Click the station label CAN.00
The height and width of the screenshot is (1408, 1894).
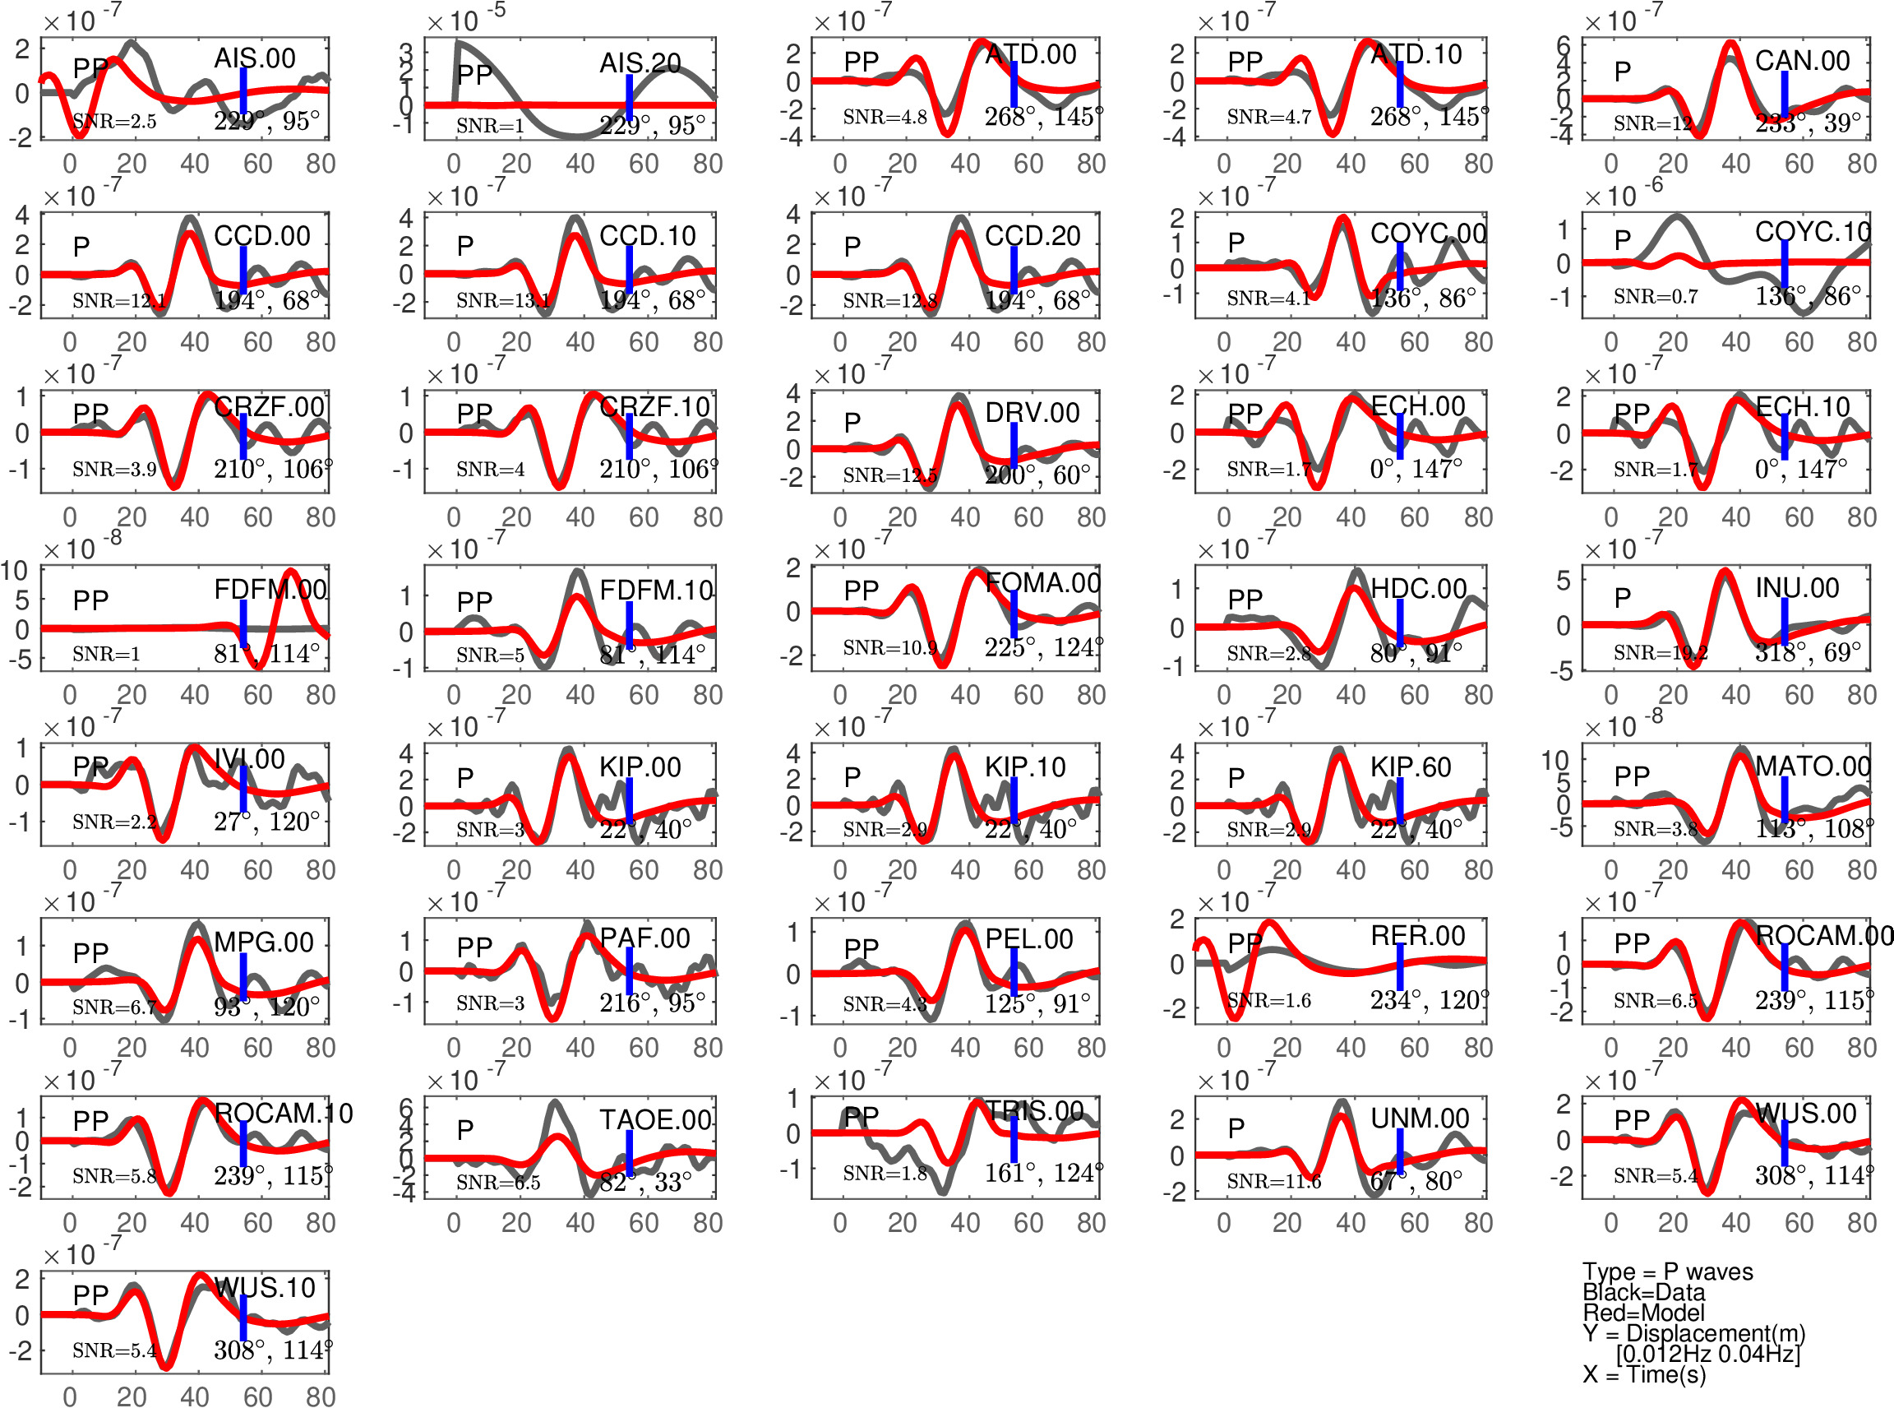pos(1802,62)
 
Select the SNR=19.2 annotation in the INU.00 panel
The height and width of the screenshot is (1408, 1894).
pos(1661,653)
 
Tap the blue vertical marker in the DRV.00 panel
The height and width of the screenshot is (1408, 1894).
pos(1014,445)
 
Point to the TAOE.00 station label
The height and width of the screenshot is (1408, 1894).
pos(655,1120)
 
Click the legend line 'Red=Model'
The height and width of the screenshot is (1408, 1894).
pos(1643,1313)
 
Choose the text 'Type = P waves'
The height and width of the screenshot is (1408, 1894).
pos(1667,1271)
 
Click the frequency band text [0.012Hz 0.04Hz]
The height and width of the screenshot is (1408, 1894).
pos(1708,1354)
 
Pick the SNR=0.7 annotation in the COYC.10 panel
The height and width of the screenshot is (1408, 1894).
pos(1656,297)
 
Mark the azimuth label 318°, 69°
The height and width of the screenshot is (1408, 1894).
pos(1808,653)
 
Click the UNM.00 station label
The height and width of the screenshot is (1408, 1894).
pos(1420,1119)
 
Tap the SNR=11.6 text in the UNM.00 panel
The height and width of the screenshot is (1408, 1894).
pos(1273,1181)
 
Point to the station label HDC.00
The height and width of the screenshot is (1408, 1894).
pos(1419,589)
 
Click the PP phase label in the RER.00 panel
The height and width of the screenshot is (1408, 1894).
pos(1245,943)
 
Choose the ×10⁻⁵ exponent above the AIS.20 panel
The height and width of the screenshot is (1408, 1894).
pos(465,18)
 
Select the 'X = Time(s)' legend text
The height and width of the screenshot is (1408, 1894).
pos(1644,1375)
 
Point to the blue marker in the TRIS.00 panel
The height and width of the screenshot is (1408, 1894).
pos(1014,1140)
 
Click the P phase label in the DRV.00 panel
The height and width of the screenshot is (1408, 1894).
pos(852,422)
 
